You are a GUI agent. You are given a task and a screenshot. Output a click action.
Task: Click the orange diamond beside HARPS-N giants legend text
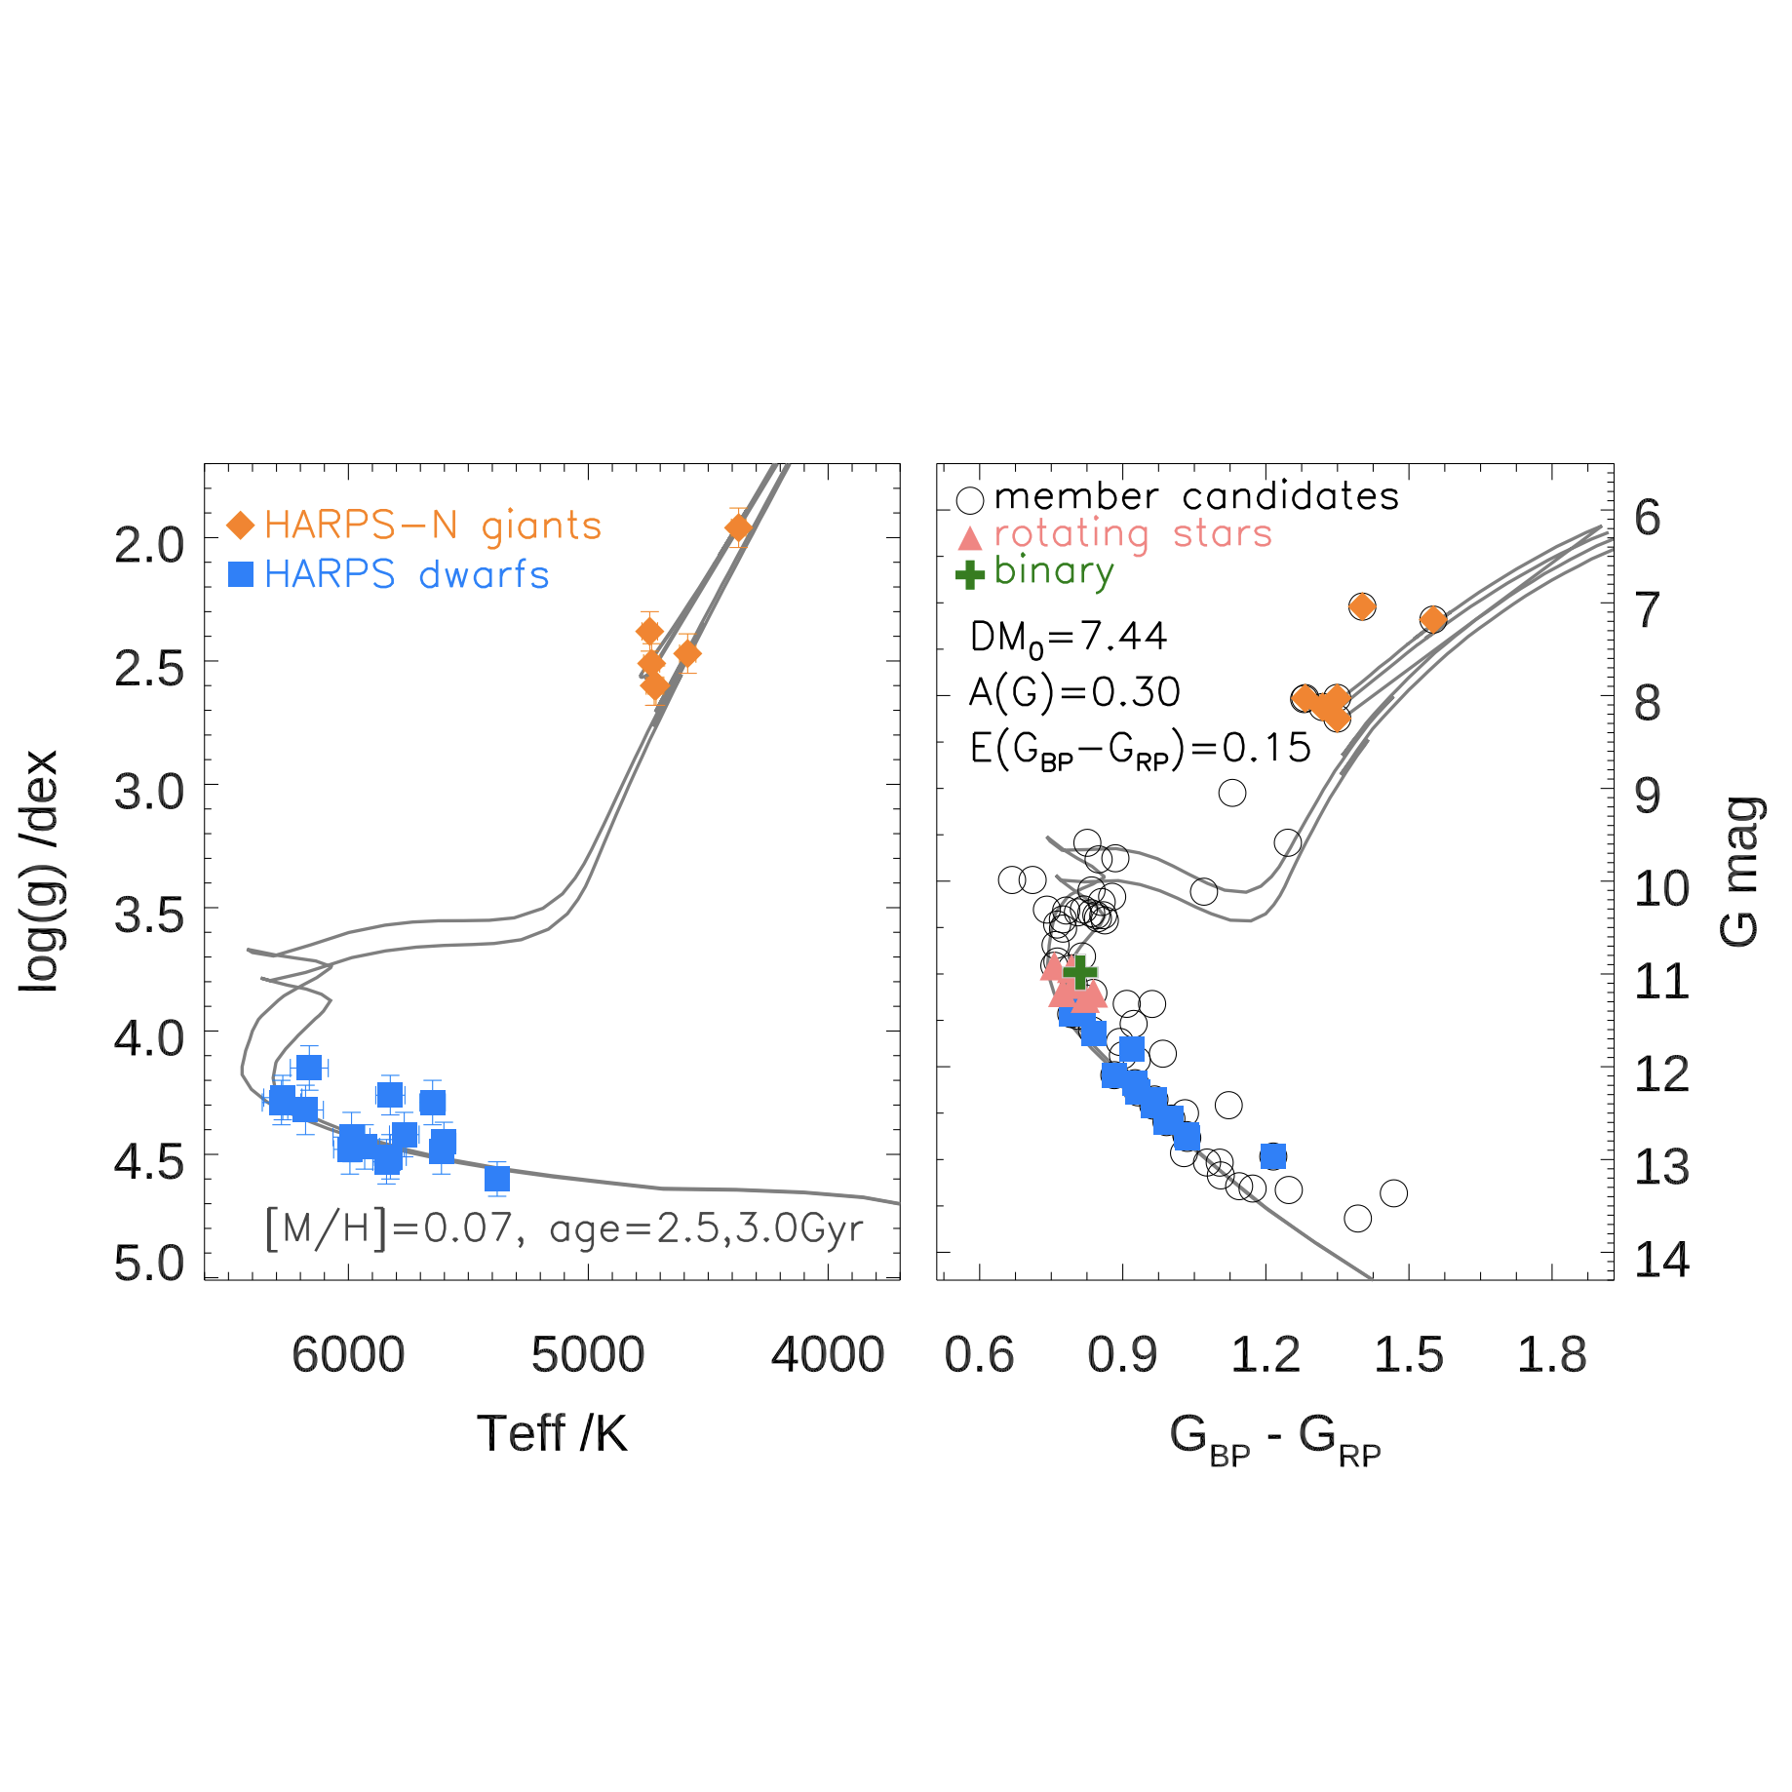click(240, 526)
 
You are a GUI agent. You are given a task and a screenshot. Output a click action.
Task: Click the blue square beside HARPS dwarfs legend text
click(240, 574)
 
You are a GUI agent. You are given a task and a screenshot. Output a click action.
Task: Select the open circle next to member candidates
click(970, 500)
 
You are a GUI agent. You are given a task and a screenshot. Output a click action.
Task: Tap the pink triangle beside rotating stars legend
click(970, 537)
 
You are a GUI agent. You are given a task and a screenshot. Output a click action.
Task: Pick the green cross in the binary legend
click(970, 574)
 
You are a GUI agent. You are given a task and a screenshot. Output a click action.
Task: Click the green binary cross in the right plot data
click(1079, 971)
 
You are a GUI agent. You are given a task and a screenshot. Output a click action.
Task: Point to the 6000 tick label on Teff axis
click(348, 1355)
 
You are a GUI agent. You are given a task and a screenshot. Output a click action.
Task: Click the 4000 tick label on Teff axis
click(828, 1355)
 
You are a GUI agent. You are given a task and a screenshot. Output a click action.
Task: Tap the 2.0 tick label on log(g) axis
click(149, 544)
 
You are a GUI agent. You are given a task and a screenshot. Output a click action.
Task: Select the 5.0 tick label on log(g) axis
click(149, 1264)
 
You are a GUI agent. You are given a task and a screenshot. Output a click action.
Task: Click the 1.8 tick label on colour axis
click(1552, 1355)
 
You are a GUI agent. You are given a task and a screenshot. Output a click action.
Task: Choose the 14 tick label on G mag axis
click(1661, 1260)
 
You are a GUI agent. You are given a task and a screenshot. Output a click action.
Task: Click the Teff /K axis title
click(552, 1434)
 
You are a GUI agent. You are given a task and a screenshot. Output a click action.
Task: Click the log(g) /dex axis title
click(40, 872)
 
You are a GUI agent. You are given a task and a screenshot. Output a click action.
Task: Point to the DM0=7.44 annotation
click(1069, 638)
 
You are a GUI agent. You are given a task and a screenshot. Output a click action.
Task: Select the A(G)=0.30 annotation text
click(1074, 692)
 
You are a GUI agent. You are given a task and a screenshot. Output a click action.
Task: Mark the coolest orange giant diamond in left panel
click(738, 527)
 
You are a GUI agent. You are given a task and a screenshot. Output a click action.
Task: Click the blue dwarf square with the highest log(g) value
click(497, 1179)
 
